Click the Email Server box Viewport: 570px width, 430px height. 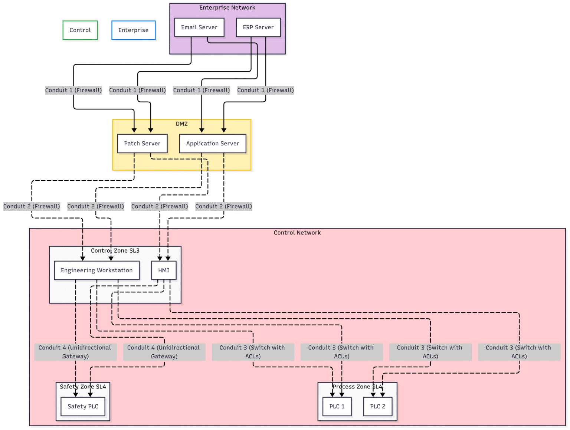[x=199, y=27]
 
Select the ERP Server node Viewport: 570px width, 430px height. [x=258, y=27]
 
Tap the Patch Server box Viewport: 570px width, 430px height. [x=142, y=144]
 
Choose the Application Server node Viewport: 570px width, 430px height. [x=213, y=144]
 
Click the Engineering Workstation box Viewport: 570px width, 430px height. [x=96, y=270]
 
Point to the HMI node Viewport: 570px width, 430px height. [x=164, y=270]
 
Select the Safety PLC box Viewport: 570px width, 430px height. [x=83, y=407]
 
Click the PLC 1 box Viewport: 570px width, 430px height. [x=337, y=407]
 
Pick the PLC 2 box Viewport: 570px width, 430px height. [x=378, y=407]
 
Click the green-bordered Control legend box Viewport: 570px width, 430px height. [x=80, y=30]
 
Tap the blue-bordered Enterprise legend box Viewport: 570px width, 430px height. [x=133, y=30]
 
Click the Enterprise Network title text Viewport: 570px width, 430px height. [x=227, y=8]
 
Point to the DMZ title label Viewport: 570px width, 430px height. [x=181, y=124]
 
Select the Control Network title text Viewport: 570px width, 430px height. [x=297, y=233]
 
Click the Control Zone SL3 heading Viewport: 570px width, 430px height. [x=115, y=251]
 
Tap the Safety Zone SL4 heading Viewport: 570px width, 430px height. [x=83, y=387]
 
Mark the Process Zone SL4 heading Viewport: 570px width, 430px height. [x=357, y=387]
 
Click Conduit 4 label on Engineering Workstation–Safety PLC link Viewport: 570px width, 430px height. [x=75, y=352]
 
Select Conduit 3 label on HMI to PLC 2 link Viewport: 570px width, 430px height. [x=519, y=352]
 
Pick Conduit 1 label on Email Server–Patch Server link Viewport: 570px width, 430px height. [x=73, y=90]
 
